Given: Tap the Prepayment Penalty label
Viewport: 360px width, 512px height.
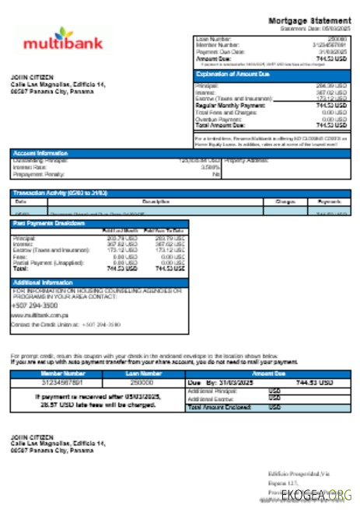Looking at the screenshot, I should [x=35, y=174].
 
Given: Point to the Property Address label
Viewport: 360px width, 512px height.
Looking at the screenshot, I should [x=246, y=159].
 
